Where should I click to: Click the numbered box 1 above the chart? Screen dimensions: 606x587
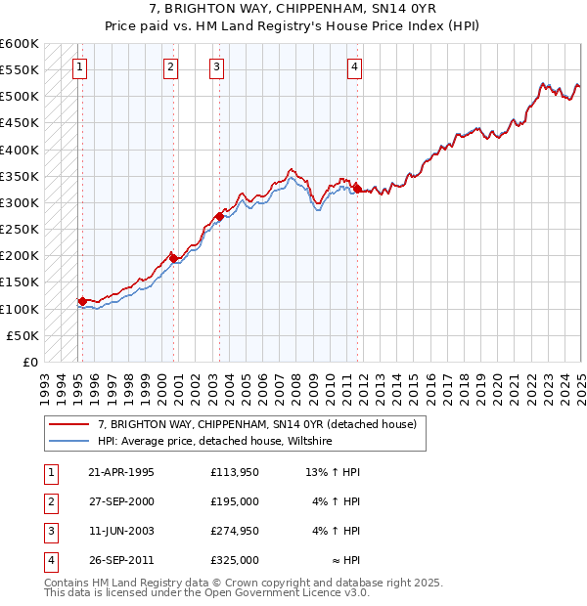coord(79,67)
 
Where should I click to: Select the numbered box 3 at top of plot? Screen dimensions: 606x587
coord(216,67)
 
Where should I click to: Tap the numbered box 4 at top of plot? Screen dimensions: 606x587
coord(354,67)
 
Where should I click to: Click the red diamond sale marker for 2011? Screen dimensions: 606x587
coord(358,189)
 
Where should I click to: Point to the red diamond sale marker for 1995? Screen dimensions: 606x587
coord(82,301)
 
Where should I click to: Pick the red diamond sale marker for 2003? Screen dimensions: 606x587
coord(219,216)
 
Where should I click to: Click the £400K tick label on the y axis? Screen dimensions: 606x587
coord(20,150)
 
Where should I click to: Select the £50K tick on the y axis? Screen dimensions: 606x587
coord(23,335)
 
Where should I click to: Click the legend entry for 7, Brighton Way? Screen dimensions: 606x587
coord(257,424)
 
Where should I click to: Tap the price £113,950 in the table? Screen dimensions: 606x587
coord(235,472)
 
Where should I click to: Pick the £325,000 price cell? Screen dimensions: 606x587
coord(235,560)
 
